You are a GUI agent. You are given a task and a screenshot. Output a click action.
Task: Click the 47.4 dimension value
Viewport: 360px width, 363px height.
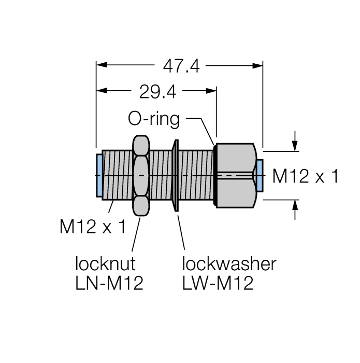pos(181,66)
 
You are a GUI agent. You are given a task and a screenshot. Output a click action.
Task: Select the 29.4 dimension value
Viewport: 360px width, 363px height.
pos(157,92)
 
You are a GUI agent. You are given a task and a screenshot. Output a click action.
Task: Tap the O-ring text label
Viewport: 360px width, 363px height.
pos(154,119)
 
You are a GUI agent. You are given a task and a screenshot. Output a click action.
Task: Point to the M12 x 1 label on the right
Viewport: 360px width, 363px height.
pos(306,177)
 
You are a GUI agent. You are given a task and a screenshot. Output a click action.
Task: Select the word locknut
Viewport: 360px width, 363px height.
pos(105,264)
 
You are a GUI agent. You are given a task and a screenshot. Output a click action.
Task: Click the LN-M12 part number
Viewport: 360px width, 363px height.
pos(109,283)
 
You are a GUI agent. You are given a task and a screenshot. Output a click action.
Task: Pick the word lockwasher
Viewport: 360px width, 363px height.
pos(229,264)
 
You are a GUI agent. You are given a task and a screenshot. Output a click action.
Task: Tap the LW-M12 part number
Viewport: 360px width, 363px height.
pos(218,283)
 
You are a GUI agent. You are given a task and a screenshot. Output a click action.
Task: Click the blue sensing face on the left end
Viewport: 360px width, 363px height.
pos(99,175)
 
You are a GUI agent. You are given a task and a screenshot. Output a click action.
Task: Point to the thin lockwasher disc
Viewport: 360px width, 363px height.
pos(176,175)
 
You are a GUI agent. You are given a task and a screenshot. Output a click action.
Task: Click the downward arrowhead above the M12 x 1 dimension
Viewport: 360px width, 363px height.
pos(295,146)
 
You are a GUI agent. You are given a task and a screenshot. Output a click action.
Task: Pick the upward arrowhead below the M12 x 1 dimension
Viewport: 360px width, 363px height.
pos(295,205)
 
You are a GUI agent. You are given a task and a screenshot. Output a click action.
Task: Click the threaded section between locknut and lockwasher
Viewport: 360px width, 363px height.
pos(161,175)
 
